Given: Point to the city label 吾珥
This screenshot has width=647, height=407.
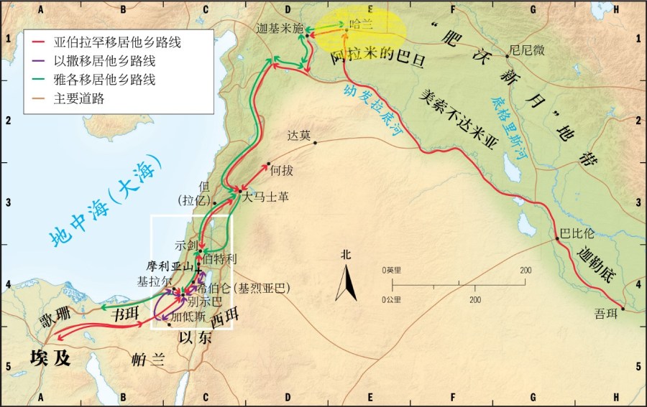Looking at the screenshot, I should [606, 314].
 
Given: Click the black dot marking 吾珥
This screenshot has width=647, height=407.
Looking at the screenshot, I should [623, 309].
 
